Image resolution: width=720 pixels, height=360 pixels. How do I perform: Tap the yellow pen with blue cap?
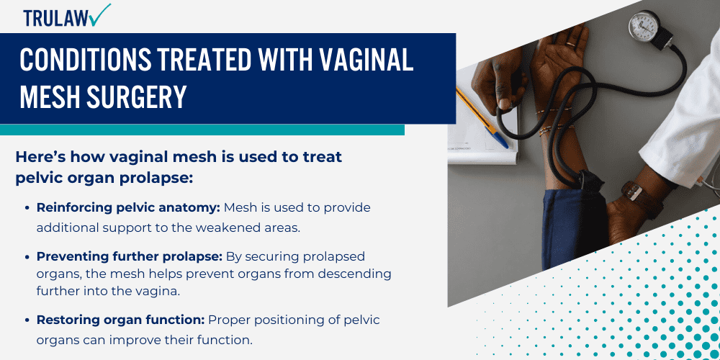(x=482, y=116)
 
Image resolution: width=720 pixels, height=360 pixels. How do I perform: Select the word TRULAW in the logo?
(x=53, y=18)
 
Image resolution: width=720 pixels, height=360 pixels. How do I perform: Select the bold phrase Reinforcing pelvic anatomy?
(x=128, y=208)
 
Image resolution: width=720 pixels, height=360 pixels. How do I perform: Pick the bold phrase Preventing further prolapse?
(x=130, y=256)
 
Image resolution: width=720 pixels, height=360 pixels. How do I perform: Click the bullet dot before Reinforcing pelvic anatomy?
(x=28, y=208)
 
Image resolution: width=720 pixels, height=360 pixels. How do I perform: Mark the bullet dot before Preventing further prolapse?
(x=28, y=256)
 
